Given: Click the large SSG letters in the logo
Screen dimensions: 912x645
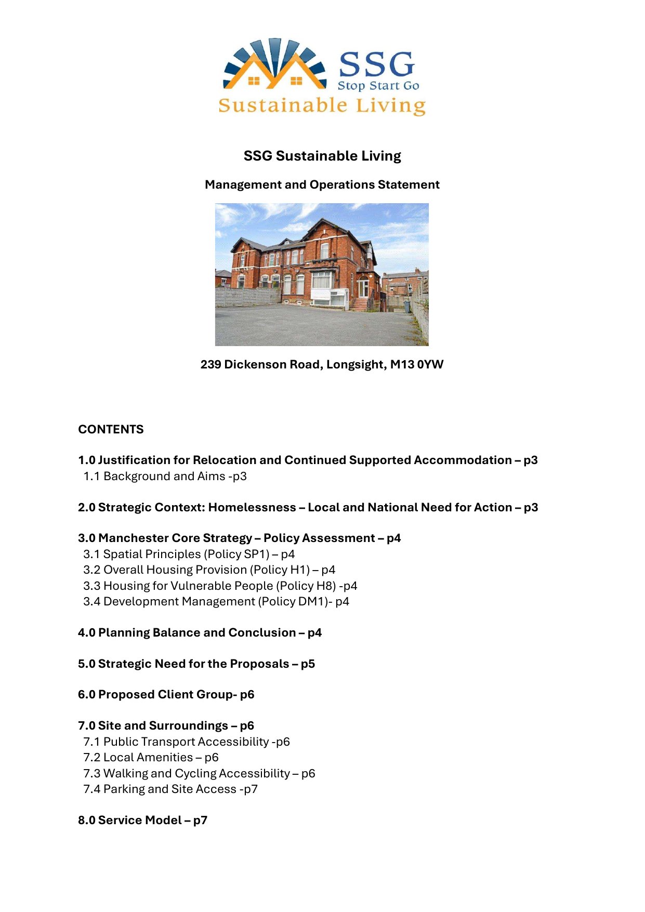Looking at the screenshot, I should click(376, 64).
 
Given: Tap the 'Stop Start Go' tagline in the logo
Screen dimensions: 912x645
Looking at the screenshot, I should click(378, 86).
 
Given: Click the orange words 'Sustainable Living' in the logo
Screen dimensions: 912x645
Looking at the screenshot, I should click(322, 105).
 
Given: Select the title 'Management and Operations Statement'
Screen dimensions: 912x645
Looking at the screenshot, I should click(322, 184).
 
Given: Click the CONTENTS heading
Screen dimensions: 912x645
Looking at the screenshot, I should click(111, 429).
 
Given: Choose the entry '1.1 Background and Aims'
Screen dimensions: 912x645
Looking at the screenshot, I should click(165, 476).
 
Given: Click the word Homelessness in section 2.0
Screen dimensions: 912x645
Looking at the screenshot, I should click(252, 507).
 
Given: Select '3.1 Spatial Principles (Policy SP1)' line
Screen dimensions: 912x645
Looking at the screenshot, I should click(189, 554).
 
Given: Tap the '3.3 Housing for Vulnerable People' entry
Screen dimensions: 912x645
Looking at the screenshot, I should click(220, 586).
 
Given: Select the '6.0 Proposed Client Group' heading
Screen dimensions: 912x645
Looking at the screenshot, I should click(166, 694).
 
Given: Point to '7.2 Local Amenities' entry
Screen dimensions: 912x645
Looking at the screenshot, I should click(151, 757).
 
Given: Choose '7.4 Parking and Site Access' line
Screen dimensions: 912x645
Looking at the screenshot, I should click(170, 789).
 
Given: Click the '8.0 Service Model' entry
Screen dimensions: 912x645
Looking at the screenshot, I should click(142, 820).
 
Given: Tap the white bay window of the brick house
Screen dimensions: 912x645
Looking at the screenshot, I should click(322, 284).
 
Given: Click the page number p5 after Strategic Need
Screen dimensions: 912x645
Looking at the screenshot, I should click(308, 664).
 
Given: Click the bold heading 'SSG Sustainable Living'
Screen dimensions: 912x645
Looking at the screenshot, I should click(322, 156).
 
